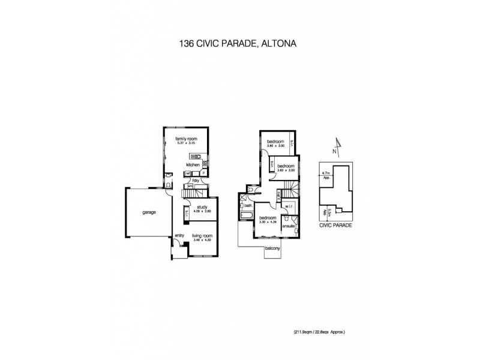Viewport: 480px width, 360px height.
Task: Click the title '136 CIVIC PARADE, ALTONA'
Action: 239,43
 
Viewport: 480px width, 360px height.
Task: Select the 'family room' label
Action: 186,139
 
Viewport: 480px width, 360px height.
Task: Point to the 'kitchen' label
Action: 192,164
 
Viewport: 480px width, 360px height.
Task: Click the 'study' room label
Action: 202,208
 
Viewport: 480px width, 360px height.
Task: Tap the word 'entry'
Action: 179,236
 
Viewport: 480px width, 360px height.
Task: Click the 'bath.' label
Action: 247,205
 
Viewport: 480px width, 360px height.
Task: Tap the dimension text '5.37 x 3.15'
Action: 186,143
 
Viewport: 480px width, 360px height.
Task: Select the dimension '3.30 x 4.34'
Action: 268,222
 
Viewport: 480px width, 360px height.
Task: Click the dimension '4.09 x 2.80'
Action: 202,212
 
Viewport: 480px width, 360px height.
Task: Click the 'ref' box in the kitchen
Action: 188,173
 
